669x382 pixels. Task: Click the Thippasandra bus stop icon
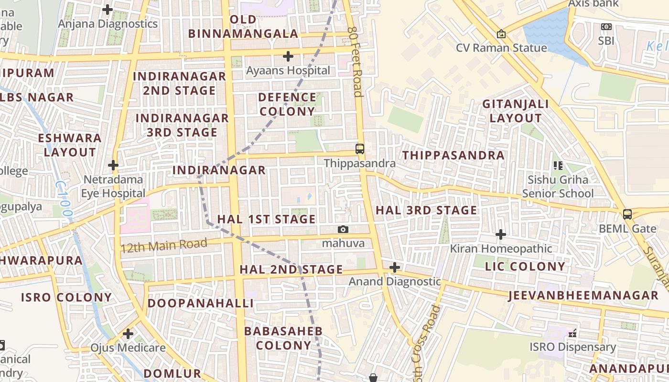[x=360, y=149]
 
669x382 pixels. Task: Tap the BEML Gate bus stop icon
[x=627, y=214]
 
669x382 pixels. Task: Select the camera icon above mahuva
[x=343, y=230]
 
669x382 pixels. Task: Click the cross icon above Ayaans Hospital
[x=288, y=56]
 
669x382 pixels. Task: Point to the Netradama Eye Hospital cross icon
[x=113, y=166]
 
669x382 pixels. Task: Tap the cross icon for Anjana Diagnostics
[x=108, y=9]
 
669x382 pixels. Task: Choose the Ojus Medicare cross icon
[x=128, y=333]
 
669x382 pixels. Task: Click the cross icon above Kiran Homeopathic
[x=501, y=234]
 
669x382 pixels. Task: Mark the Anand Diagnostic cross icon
[x=395, y=267]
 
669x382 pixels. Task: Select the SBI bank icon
[x=606, y=27]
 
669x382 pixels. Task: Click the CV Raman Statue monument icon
[x=501, y=34]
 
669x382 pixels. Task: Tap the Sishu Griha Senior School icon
[x=558, y=166]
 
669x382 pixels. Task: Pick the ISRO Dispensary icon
[x=572, y=333]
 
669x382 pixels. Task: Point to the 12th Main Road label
[x=164, y=245]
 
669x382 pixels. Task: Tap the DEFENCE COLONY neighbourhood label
[x=287, y=104]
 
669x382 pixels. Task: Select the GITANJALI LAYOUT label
[x=516, y=111]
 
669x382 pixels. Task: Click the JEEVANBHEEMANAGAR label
[x=583, y=295]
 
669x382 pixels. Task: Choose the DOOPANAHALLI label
[x=200, y=303]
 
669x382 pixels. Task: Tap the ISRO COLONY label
[x=66, y=297]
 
